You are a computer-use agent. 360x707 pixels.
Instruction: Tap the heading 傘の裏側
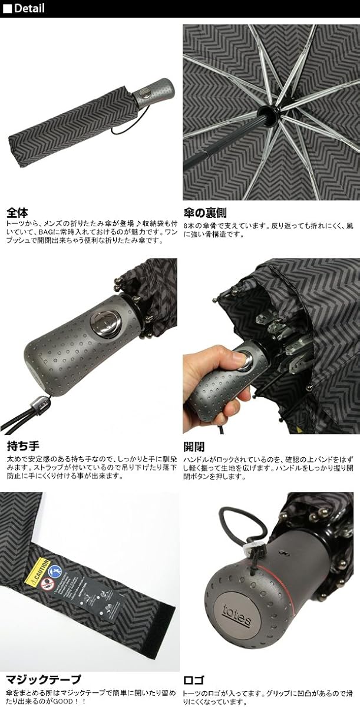coord(204,213)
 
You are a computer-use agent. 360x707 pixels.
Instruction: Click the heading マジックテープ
coord(44,679)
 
